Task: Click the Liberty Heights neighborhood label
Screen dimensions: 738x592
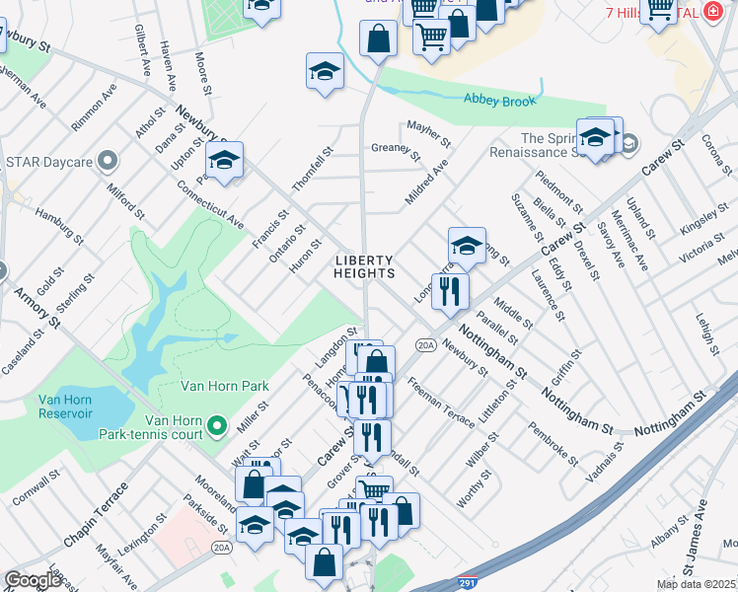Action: [x=365, y=266]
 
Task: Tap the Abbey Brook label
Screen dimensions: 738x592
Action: [x=500, y=100]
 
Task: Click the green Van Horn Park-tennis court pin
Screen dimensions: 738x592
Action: [x=218, y=427]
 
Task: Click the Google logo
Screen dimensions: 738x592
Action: [x=33, y=580]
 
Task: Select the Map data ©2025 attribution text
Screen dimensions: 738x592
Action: [x=696, y=584]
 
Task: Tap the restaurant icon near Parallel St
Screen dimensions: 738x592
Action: [x=450, y=290]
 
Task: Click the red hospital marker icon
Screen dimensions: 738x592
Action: [x=712, y=12]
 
